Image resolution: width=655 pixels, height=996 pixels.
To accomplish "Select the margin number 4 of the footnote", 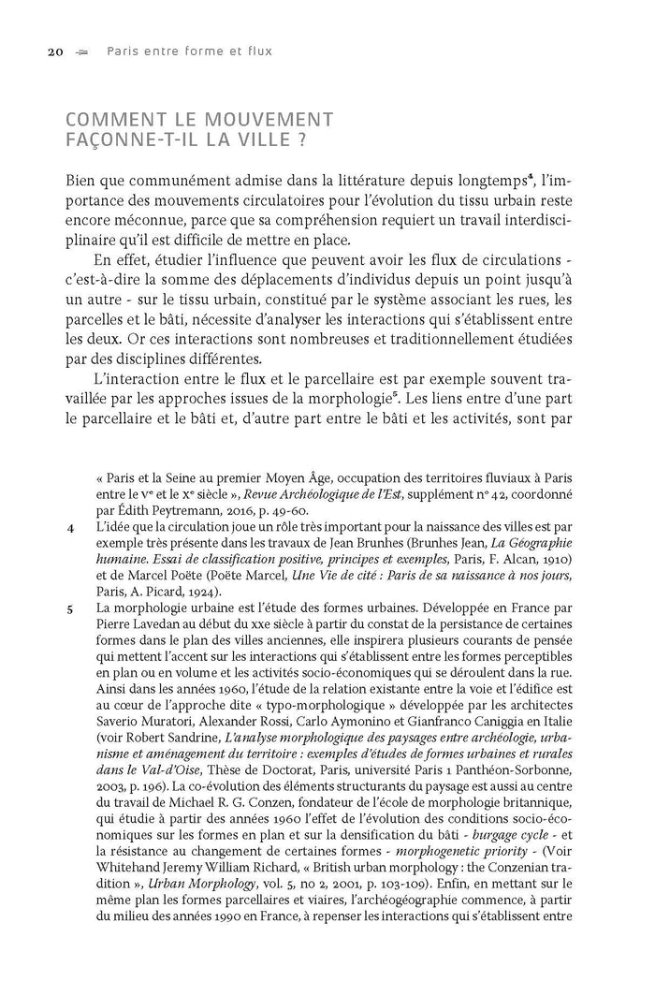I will [x=71, y=529].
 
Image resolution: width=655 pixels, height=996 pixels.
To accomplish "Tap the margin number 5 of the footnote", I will [x=71, y=609].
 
